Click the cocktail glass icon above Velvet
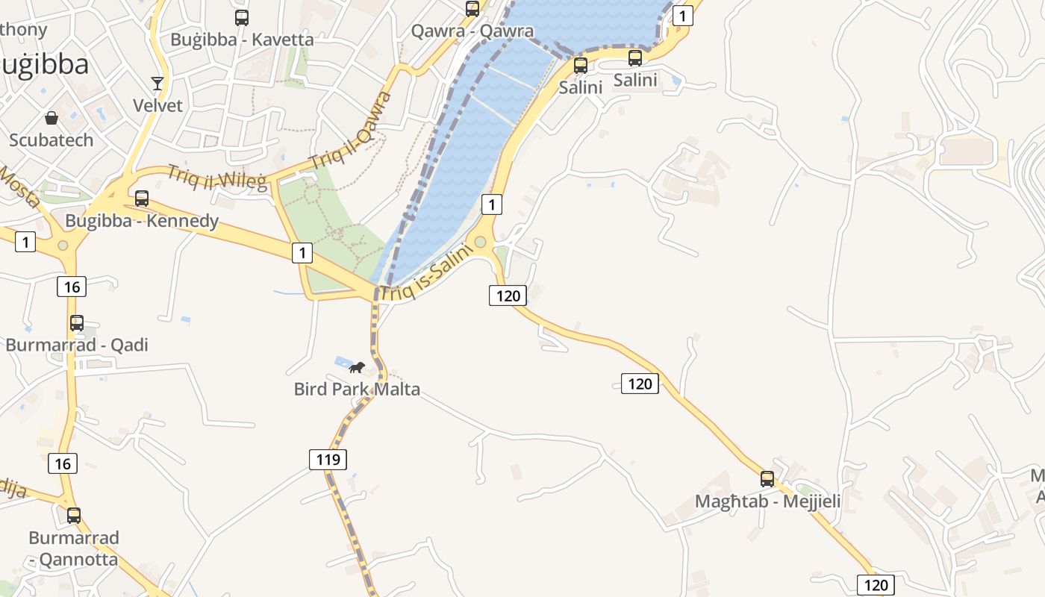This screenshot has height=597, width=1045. tap(157, 83)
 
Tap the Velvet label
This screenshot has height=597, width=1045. tap(157, 105)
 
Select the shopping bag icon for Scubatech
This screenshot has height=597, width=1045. tap(52, 118)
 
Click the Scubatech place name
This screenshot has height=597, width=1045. tap(52, 140)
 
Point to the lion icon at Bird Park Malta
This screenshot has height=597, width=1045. tap(357, 367)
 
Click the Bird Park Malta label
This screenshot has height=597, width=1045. tap(357, 389)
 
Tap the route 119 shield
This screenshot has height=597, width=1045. tap(328, 460)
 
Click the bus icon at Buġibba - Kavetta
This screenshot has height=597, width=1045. tap(242, 18)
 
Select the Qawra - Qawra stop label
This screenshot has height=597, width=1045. tap(472, 31)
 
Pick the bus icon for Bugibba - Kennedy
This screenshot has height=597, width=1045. tap(142, 199)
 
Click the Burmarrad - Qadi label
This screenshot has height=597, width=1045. tap(77, 345)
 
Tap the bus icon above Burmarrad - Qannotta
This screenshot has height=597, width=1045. tap(74, 515)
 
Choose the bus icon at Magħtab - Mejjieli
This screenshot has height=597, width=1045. tap(767, 479)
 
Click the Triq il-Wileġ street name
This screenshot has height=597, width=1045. tap(216, 178)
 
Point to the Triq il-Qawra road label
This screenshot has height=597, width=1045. tap(352, 130)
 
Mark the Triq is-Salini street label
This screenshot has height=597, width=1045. tap(426, 274)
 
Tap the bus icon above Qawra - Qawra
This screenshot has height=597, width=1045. tap(472, 9)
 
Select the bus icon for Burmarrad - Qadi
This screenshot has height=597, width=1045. tap(77, 323)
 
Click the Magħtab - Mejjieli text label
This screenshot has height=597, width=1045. tap(767, 501)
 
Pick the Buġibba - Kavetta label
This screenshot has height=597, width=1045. tap(242, 40)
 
